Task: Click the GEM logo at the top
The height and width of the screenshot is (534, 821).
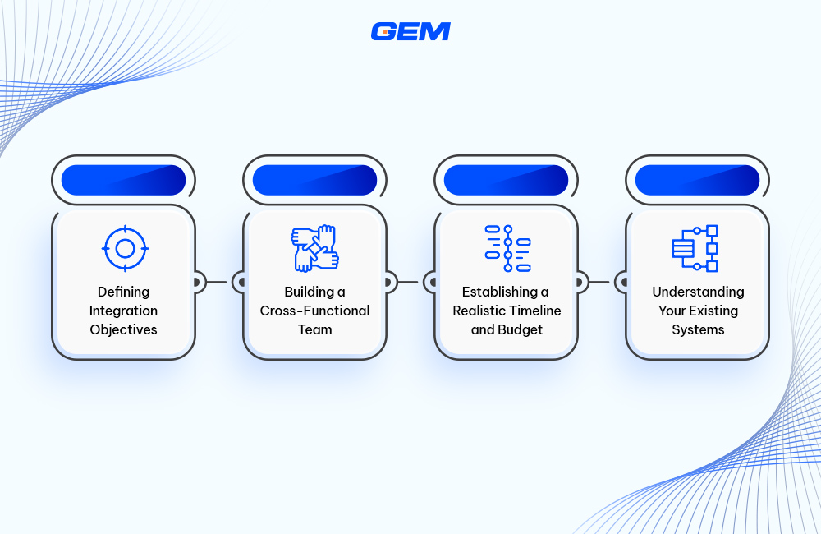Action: click(410, 31)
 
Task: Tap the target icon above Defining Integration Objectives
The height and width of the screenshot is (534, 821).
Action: click(124, 248)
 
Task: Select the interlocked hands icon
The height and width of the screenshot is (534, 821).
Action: click(315, 248)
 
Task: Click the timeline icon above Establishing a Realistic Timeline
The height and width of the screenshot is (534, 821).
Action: click(507, 248)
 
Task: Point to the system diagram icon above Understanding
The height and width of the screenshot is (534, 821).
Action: click(696, 248)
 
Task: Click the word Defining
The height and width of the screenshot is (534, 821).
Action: click(124, 292)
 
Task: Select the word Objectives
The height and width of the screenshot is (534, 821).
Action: click(124, 329)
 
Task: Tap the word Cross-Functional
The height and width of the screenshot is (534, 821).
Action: click(315, 311)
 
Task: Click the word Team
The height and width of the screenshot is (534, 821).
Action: click(315, 329)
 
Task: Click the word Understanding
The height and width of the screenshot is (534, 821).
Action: click(698, 292)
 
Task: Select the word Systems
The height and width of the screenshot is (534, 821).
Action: click(698, 329)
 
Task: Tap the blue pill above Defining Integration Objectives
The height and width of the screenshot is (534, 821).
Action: click(124, 180)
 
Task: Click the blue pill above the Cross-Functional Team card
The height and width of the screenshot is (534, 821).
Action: click(315, 180)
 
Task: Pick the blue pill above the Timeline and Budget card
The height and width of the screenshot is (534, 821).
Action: click(507, 180)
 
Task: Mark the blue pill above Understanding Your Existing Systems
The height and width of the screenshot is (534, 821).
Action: click(698, 180)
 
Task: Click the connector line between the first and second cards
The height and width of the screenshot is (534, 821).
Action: click(219, 282)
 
